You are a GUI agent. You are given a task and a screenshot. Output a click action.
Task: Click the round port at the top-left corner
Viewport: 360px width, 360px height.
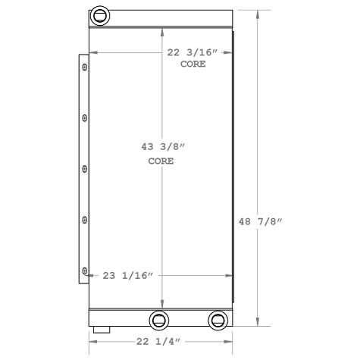pos(99,16)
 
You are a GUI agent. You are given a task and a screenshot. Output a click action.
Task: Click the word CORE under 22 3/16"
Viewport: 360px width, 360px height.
pos(193,64)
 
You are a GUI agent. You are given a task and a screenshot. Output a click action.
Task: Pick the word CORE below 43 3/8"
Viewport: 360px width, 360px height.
pos(160,161)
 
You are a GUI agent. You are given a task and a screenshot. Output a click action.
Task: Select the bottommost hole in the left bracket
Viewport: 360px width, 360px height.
pos(84,269)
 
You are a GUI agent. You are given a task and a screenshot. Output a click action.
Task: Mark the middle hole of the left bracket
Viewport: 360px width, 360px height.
pos(84,169)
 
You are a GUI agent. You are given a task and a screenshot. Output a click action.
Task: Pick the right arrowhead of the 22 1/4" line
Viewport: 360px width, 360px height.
pos(228,342)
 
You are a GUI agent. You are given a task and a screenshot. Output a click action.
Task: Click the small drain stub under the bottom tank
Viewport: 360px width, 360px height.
pos(102,330)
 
